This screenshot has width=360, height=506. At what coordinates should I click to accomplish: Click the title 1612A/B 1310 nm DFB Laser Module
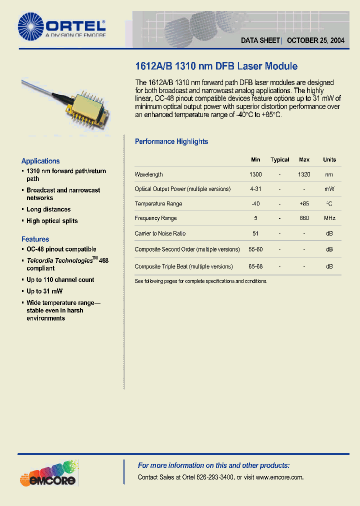point(216,66)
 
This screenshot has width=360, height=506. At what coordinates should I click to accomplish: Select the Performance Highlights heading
point(171,141)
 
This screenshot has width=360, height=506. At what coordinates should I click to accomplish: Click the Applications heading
point(40,161)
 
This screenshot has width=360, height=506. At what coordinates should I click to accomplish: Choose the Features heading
point(35,239)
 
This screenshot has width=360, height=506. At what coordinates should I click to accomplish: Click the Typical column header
point(279,160)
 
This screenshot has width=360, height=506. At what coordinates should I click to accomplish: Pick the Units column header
point(329,160)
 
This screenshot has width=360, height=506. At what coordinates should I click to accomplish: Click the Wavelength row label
point(148,174)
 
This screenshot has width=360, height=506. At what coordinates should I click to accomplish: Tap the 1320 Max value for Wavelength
point(304,174)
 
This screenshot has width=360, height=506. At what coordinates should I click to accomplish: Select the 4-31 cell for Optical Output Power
point(255,189)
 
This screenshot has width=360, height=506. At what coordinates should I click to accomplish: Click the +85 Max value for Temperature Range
point(304,203)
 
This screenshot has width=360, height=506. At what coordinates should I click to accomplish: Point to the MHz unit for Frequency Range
point(329,218)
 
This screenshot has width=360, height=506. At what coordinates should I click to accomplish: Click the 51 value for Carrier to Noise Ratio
point(255,233)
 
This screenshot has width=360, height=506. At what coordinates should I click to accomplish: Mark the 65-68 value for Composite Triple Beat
point(255,266)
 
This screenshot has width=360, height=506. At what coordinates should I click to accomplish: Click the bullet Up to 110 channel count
point(60,280)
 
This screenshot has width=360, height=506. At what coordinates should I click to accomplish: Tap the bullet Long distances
point(48,209)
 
